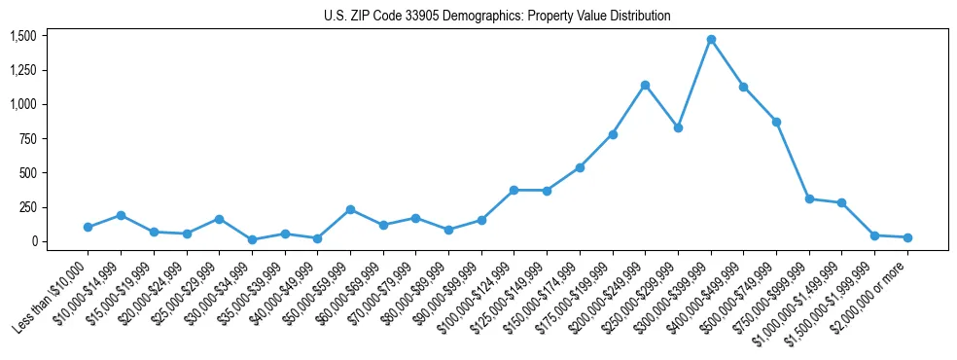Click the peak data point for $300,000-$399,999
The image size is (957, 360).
click(711, 40)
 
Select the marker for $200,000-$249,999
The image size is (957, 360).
click(646, 85)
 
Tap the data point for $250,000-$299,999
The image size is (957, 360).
click(678, 127)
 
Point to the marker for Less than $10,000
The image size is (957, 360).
click(88, 227)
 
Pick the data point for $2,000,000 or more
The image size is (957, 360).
click(907, 237)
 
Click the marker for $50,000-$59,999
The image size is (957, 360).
click(350, 209)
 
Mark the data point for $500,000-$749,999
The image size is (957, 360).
click(776, 122)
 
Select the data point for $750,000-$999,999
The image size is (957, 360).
click(809, 198)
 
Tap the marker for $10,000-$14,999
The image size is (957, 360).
click(121, 215)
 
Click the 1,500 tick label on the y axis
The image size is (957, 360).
click(23, 36)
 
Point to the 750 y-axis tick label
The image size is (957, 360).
click(27, 139)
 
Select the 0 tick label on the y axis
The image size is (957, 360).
click(33, 241)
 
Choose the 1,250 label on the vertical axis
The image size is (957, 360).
click(23, 70)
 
